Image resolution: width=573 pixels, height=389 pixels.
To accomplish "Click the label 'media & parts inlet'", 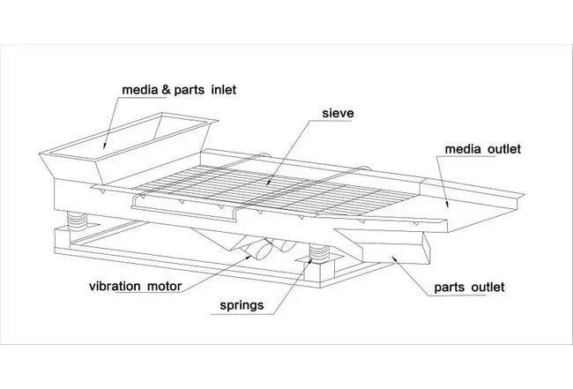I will (179, 89).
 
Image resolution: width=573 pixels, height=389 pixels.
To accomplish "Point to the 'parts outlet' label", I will (470, 288).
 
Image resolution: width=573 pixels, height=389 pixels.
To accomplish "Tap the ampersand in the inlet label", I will (160, 89).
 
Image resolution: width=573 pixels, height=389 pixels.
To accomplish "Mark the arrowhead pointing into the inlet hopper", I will (105, 144).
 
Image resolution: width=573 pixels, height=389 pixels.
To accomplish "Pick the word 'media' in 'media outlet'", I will (463, 150).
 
